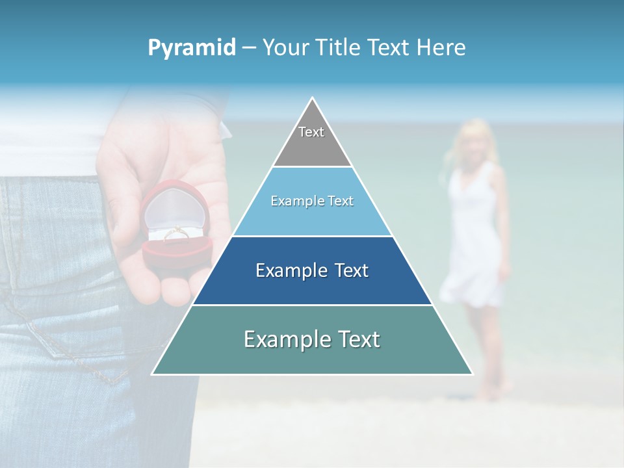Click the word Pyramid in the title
click(x=192, y=48)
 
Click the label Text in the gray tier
click(x=311, y=132)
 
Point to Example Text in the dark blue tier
click(x=312, y=270)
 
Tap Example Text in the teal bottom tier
click(x=312, y=339)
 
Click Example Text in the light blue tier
click(x=312, y=201)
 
